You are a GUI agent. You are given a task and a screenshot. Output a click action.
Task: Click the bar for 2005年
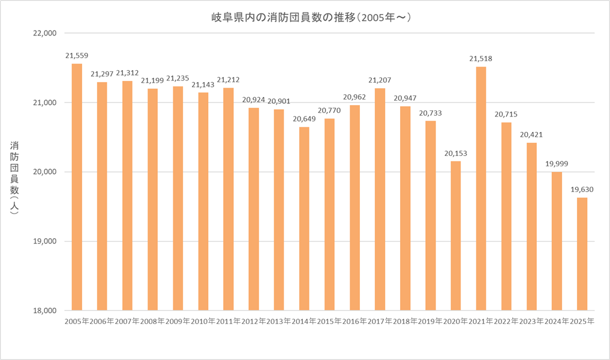pyautogui.click(x=77, y=187)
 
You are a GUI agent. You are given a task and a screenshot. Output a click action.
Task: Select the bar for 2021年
pyautogui.click(x=481, y=188)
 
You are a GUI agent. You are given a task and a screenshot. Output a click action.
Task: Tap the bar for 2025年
pyautogui.click(x=582, y=254)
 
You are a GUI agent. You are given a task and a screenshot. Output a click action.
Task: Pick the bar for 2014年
pyautogui.click(x=304, y=218)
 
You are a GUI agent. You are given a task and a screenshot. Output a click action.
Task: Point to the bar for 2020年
pyautogui.click(x=456, y=236)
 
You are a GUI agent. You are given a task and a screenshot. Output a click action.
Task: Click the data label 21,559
pyautogui.click(x=77, y=56)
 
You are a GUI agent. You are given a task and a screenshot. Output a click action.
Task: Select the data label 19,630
pyautogui.click(x=582, y=190)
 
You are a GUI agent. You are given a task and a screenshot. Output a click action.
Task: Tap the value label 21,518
pyautogui.click(x=481, y=58)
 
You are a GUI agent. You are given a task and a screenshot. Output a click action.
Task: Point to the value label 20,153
pyautogui.click(x=456, y=153)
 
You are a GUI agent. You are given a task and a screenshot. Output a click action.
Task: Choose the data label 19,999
pyautogui.click(x=557, y=164)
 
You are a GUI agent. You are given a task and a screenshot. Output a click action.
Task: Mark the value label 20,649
pyautogui.click(x=304, y=119)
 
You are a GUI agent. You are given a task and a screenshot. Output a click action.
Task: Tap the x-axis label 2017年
pyautogui.click(x=380, y=322)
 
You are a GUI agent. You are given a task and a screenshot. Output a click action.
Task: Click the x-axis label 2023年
pyautogui.click(x=531, y=322)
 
